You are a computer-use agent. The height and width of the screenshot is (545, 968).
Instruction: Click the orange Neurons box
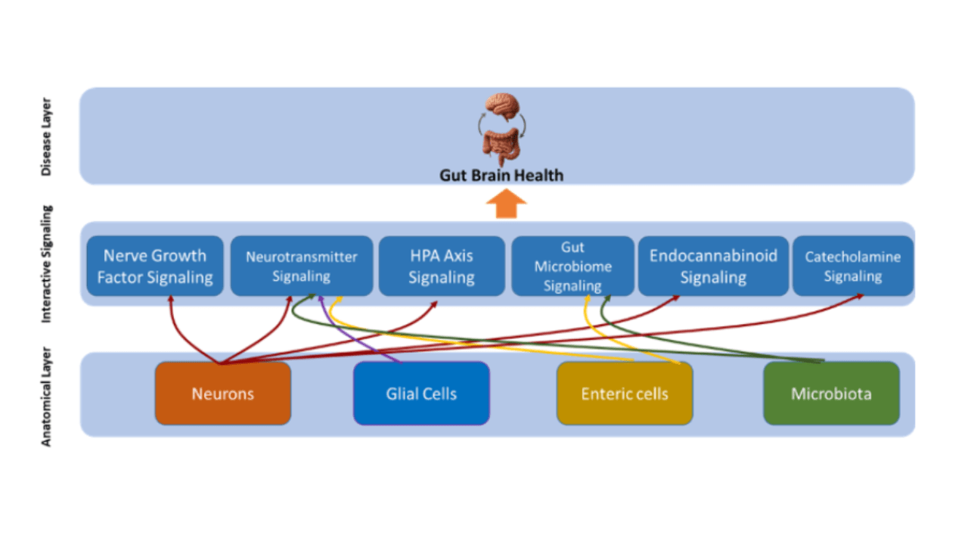tap(222, 393)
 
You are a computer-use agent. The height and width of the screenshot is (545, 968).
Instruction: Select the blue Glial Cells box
tap(421, 393)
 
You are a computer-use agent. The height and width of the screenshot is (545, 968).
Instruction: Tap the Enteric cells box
tap(625, 393)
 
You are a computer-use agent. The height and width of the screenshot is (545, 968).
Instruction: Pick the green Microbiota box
tap(831, 393)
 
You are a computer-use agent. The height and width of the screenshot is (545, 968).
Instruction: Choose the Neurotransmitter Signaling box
tap(301, 266)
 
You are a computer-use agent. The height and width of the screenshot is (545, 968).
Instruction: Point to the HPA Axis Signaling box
tap(442, 266)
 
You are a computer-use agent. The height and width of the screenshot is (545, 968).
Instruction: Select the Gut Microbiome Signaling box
tap(572, 266)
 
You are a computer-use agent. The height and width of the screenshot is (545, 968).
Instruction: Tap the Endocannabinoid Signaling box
tap(713, 266)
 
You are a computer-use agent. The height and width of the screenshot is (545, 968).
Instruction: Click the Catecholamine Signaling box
tap(852, 266)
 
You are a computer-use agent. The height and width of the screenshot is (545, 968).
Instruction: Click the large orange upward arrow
tap(506, 204)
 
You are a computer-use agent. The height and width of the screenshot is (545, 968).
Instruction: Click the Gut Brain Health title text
tap(501, 176)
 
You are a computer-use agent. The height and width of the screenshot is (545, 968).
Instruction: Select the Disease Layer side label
tap(47, 136)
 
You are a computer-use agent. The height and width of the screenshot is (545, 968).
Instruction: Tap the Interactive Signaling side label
tap(47, 264)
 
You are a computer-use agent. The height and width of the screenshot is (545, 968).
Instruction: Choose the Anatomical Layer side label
tap(47, 396)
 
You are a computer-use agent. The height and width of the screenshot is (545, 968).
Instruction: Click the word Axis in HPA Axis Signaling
tap(458, 256)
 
